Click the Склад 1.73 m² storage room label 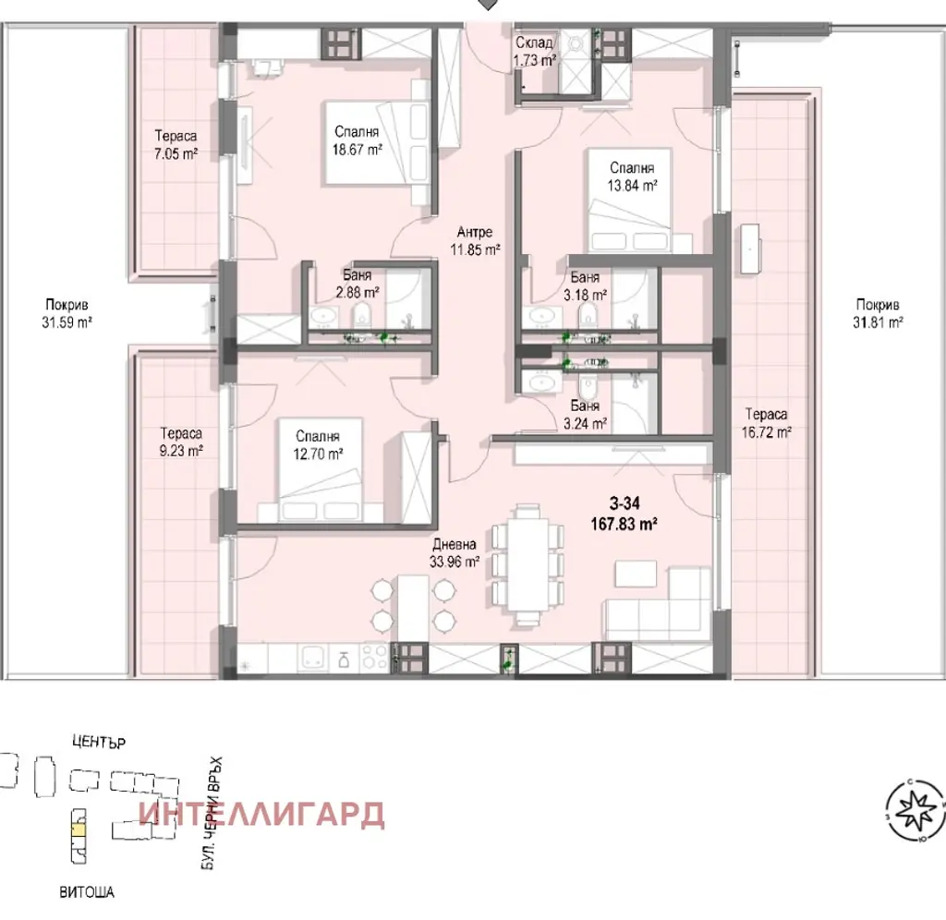[534, 52]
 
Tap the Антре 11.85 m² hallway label [476, 241]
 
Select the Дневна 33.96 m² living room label [455, 553]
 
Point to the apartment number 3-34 [625, 503]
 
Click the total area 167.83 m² [624, 524]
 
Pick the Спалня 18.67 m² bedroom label [358, 140]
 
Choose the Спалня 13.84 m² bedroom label [632, 176]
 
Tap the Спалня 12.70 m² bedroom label [318, 444]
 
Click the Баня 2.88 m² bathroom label [358, 284]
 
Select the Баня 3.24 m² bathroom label [585, 415]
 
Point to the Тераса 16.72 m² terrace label [766, 423]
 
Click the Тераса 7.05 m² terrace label [176, 145]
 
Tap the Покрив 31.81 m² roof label [878, 313]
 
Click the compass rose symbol [915, 810]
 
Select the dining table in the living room [528, 565]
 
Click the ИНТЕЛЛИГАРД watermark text [261, 815]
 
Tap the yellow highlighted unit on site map [79, 829]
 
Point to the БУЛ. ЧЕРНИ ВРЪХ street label [212, 813]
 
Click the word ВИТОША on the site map [87, 892]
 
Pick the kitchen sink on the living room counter [313, 658]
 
